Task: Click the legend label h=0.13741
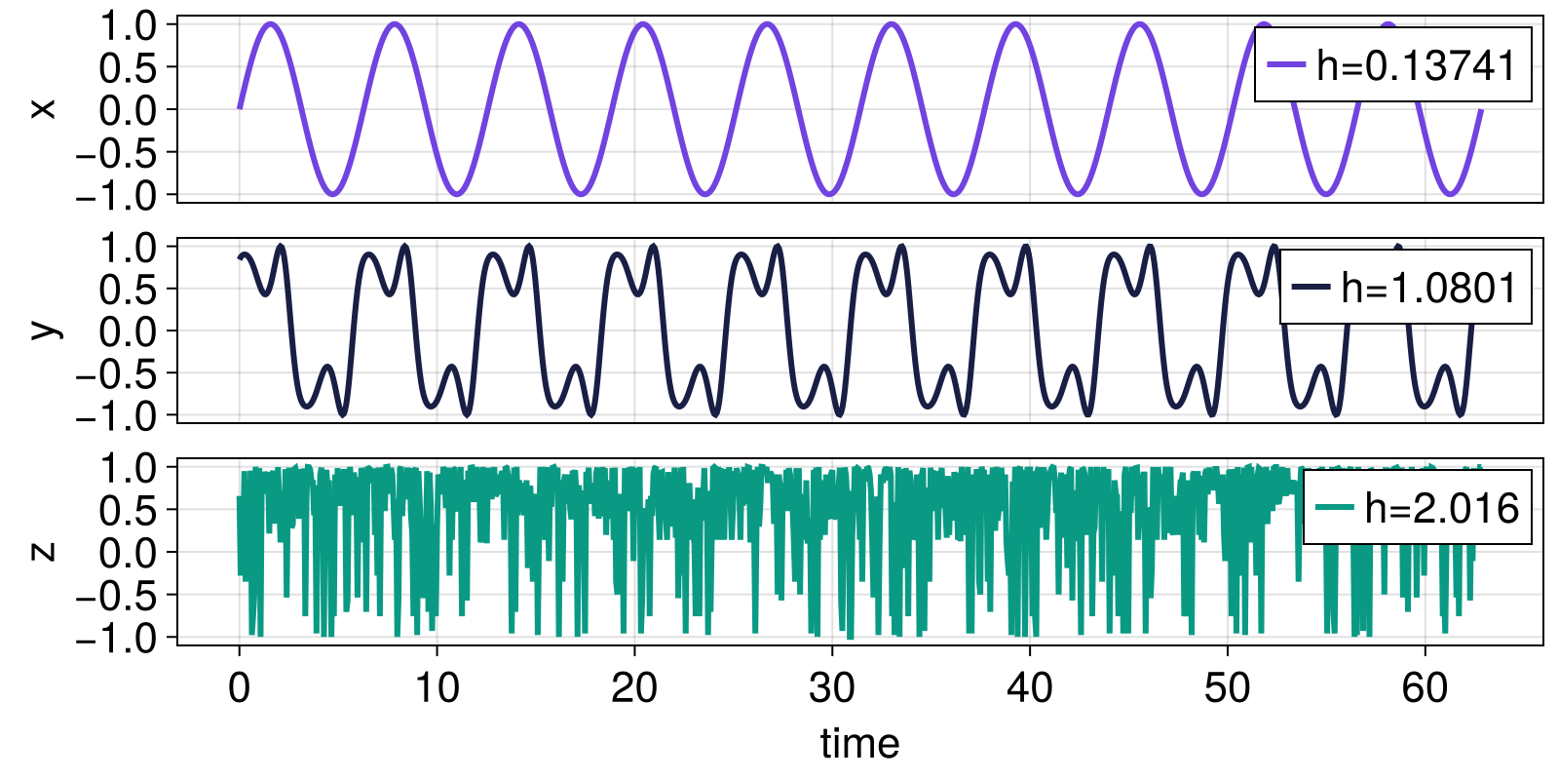point(1417,65)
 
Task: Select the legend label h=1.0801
point(1429,288)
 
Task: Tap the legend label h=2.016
point(1442,508)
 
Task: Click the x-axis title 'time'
point(859,744)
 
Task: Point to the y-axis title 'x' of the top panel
point(43,108)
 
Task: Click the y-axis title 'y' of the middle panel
point(43,330)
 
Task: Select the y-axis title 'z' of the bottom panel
point(43,551)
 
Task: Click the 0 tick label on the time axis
point(239,688)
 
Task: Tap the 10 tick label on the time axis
point(437,688)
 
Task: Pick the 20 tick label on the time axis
point(634,688)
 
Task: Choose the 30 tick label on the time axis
point(832,688)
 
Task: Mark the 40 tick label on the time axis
point(1030,688)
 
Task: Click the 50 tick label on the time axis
point(1227,688)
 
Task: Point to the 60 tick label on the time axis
point(1425,688)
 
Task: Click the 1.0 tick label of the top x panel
point(129,25)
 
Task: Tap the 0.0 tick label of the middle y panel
point(129,331)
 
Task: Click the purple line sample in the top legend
point(1286,65)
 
